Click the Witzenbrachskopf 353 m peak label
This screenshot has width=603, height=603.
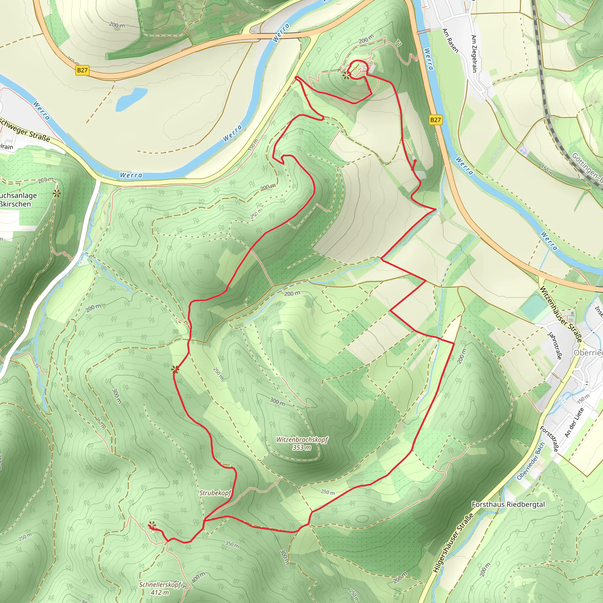point(302,443)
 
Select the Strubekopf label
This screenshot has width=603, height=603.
point(215,493)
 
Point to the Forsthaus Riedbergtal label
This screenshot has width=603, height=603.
point(508,504)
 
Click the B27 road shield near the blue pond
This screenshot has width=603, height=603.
point(82,70)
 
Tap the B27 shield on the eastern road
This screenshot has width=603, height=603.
point(435,120)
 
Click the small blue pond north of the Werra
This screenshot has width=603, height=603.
point(131,99)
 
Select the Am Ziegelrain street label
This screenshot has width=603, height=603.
point(474,53)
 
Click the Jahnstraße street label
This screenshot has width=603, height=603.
point(555,345)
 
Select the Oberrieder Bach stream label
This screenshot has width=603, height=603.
point(531,461)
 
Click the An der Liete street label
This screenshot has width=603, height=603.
point(574,422)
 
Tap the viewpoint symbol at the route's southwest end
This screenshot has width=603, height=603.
point(152,525)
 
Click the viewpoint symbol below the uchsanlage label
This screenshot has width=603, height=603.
point(57,193)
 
